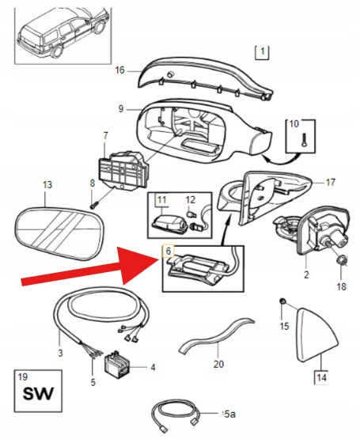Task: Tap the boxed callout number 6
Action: tap(168, 251)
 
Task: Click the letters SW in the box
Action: tap(38, 394)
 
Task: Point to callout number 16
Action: tap(119, 70)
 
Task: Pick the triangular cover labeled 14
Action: tap(316, 335)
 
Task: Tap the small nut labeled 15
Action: tap(282, 301)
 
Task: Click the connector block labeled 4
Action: tap(116, 363)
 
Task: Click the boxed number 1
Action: tap(262, 51)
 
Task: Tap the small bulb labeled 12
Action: tap(191, 214)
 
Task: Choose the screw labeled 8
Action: tap(93, 205)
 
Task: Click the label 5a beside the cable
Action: tap(230, 414)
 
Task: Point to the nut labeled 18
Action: tap(340, 260)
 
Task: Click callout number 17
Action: tap(331, 183)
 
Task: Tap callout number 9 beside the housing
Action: tap(121, 108)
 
